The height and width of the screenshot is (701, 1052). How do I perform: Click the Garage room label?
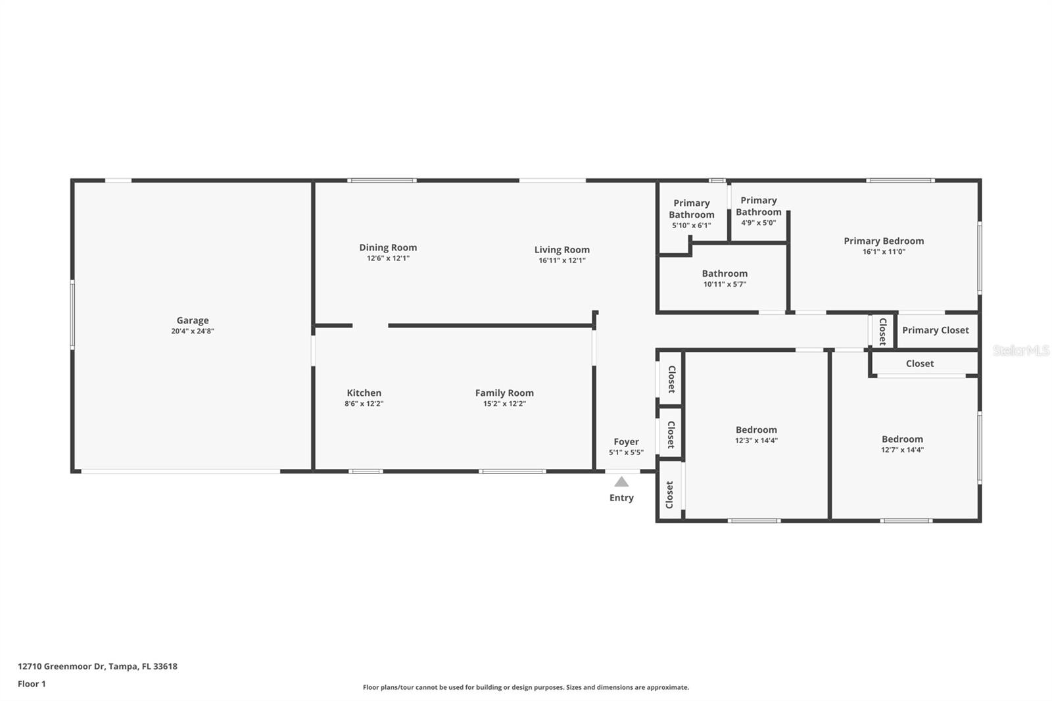[192, 320]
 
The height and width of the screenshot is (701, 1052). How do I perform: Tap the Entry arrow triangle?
[621, 482]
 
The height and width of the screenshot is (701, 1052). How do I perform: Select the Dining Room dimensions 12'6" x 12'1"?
[388, 258]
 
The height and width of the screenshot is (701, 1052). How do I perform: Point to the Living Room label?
[562, 249]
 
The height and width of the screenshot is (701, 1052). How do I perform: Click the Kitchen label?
[364, 393]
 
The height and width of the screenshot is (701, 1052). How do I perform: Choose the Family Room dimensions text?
[504, 404]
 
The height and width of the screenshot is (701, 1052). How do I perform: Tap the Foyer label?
[626, 442]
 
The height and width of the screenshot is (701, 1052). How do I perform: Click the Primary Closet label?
[935, 330]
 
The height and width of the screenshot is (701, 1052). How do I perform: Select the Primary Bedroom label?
[884, 241]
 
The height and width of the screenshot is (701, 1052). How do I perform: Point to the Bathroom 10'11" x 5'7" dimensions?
[725, 284]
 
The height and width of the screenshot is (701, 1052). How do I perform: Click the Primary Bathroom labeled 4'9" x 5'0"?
[758, 206]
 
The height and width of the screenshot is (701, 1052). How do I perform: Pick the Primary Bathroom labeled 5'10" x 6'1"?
[691, 209]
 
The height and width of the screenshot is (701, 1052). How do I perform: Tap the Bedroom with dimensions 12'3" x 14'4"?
[756, 429]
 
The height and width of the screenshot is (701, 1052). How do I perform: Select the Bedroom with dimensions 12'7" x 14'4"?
[902, 439]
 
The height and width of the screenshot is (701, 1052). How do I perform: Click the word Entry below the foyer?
[621, 498]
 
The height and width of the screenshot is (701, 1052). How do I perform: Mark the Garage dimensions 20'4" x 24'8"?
[192, 331]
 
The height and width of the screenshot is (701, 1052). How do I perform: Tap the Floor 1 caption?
[32, 684]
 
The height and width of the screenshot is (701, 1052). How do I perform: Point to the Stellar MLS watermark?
[1020, 350]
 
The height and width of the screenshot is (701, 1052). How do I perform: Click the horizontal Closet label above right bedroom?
[919, 364]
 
